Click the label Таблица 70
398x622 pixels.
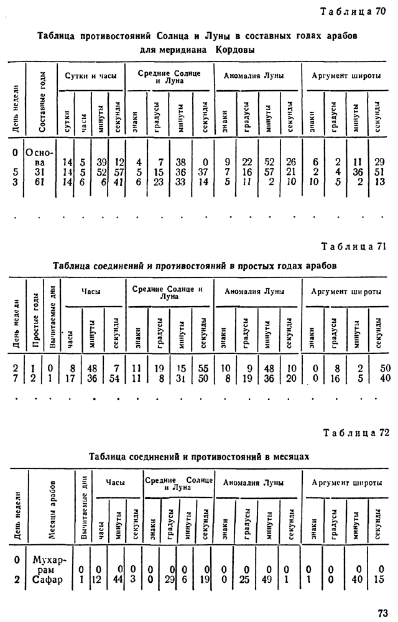click(x=353, y=12)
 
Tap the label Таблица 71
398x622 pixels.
click(x=353, y=246)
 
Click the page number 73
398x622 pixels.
click(x=382, y=612)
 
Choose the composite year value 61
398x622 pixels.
click(x=39, y=182)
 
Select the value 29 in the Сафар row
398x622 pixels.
click(x=169, y=580)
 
